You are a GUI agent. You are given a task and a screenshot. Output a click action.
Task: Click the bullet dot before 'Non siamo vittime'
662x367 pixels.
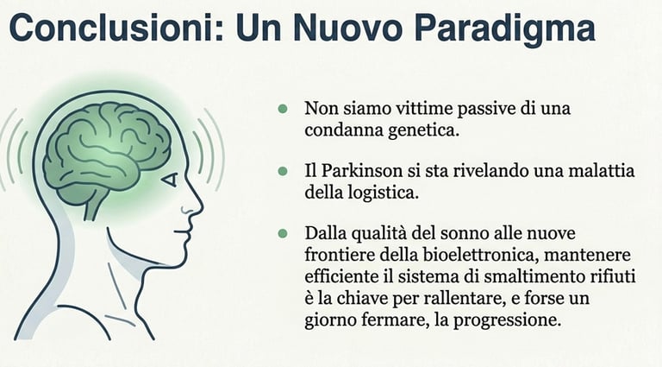pyautogui.click(x=282, y=110)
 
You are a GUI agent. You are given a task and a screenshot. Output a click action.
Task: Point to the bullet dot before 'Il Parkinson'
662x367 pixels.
pyautogui.click(x=282, y=172)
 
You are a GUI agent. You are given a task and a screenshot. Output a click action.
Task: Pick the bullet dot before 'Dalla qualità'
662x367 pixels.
pyautogui.click(x=282, y=234)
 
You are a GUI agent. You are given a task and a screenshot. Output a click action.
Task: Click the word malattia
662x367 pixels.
pyautogui.click(x=603, y=172)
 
